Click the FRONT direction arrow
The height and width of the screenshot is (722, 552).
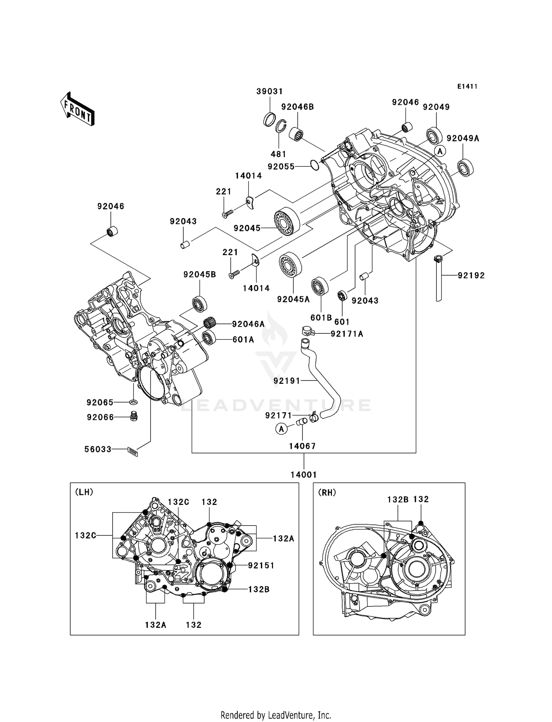coord(78,109)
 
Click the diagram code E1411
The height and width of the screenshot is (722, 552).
coord(467,86)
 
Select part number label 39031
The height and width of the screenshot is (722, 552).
coord(269,91)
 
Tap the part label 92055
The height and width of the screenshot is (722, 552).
coord(281,167)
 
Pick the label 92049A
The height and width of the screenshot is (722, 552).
coord(463,138)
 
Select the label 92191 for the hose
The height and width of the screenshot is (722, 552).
coord(287,381)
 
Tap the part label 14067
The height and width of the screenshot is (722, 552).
coord(302,446)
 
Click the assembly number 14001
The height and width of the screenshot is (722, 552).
coord(304,475)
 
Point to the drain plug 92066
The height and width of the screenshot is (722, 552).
coord(134,417)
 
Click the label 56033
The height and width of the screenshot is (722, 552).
coord(98,449)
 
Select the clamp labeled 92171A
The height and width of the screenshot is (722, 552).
coord(307,331)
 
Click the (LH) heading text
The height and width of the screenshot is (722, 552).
coord(84,492)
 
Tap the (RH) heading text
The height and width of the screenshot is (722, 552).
coord(327,492)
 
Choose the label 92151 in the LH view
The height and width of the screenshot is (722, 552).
coord(261,565)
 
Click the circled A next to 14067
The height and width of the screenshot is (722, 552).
coord(282,429)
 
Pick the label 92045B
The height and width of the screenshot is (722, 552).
coord(199,275)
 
